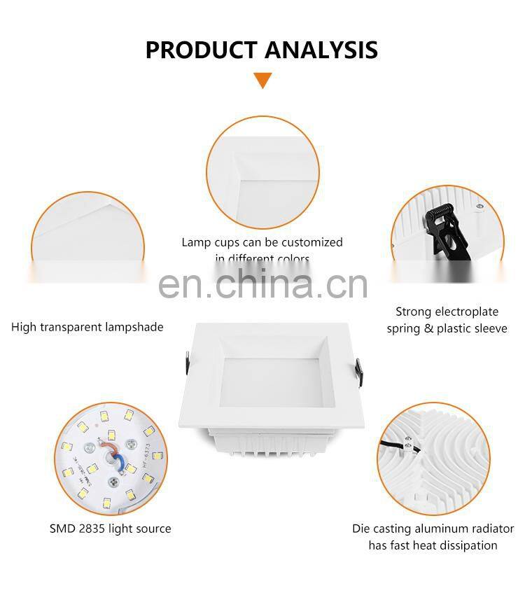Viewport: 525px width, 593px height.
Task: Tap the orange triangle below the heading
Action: (x=262, y=80)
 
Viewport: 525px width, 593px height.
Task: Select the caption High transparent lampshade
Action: (x=87, y=327)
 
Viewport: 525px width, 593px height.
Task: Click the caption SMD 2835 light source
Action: (x=110, y=529)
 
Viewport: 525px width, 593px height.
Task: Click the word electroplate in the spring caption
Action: (x=466, y=312)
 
